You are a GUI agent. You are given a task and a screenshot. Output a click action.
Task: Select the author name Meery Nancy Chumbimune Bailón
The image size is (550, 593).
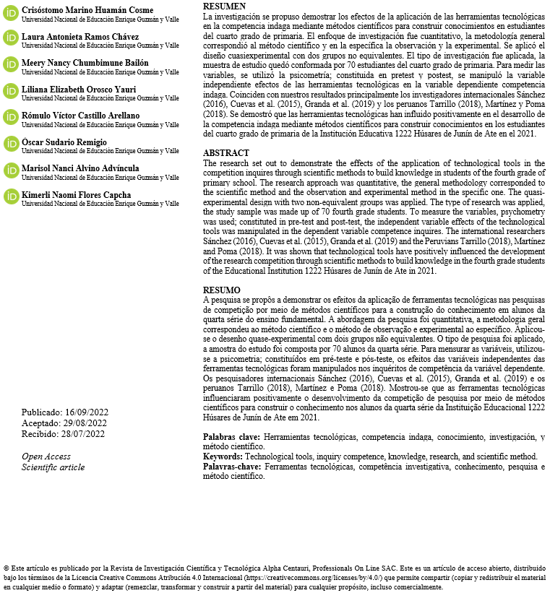point(85,63)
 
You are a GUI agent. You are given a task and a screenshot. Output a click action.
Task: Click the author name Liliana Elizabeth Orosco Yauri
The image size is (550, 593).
point(79,90)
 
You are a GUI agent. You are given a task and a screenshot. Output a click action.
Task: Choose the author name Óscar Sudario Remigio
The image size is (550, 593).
point(64,142)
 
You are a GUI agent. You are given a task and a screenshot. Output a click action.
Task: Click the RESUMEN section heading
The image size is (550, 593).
point(224,6)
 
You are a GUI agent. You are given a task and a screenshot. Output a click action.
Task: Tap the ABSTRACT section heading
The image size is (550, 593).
point(225,154)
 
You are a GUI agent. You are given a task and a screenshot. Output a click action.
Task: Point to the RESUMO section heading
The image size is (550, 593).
point(222,290)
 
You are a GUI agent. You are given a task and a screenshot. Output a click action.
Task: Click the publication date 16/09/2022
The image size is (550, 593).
point(87,412)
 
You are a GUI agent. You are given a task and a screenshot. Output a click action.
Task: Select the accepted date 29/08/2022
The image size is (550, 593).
point(86,423)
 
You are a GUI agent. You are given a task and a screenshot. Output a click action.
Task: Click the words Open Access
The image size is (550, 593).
point(46,456)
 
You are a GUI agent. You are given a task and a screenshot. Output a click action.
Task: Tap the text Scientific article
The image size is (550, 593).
point(53,467)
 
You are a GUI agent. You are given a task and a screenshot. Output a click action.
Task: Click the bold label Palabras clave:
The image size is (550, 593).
point(231,438)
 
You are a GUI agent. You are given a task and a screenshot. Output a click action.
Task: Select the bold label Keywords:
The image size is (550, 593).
point(223,457)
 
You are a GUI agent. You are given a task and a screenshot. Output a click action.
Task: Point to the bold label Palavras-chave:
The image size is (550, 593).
point(233,467)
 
